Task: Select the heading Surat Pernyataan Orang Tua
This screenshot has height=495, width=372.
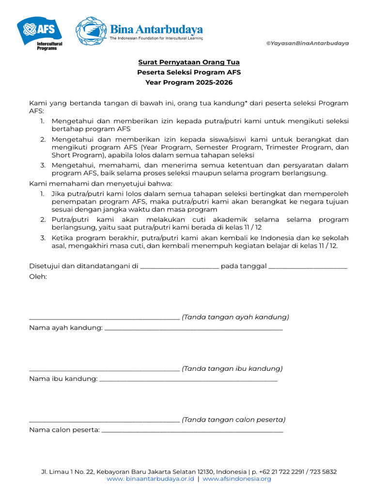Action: [189, 62]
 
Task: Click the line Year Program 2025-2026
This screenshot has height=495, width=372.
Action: [189, 83]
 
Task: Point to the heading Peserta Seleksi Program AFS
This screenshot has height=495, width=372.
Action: [189, 73]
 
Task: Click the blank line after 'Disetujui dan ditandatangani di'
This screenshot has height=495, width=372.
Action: [179, 267]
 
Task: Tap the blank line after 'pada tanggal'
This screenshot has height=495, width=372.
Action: [308, 267]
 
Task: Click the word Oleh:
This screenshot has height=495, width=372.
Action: [38, 277]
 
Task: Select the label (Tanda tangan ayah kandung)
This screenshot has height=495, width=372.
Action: [235, 317]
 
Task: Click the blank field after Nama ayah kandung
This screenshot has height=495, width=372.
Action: [193, 328]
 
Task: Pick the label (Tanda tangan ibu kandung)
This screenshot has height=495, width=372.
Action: [232, 368]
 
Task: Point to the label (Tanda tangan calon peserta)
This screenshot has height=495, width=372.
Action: [233, 420]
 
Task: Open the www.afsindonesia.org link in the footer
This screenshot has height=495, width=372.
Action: [237, 479]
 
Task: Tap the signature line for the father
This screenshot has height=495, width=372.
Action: [104, 318]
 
